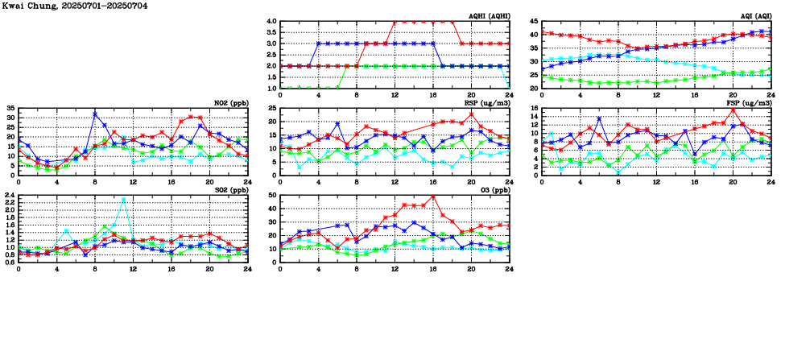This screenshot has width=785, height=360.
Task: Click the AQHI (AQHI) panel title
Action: (x=490, y=15)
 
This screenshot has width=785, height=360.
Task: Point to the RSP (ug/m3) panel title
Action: (x=488, y=103)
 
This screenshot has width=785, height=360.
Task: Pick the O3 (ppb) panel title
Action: (x=493, y=190)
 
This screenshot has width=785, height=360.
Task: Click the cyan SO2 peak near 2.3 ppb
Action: (x=123, y=199)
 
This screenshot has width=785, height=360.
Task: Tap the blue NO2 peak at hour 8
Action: (x=95, y=114)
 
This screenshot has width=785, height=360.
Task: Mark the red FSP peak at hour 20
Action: (x=733, y=110)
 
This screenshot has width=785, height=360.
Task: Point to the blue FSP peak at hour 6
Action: (x=599, y=118)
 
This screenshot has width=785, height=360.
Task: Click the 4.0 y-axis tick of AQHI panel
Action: (x=271, y=21)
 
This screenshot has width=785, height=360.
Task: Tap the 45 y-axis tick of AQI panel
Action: (x=534, y=21)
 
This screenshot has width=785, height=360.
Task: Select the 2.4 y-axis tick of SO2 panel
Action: (x=10, y=195)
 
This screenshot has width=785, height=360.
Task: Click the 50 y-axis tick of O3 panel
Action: (x=273, y=195)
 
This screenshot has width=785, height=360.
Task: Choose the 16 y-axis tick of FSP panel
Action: (x=535, y=108)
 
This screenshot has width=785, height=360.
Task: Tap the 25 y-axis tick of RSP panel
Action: (x=273, y=108)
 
